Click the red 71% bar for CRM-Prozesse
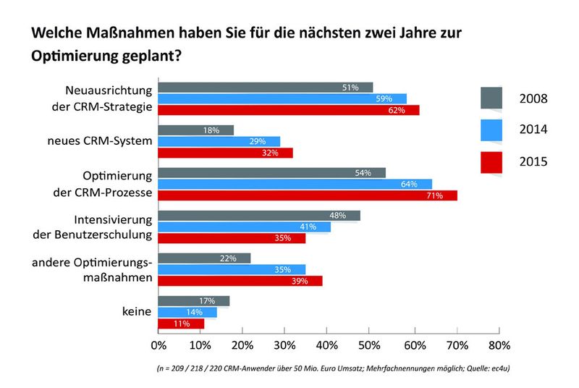click(x=308, y=195)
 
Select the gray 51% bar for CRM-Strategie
click(x=265, y=88)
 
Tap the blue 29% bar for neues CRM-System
click(x=219, y=141)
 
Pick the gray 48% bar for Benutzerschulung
click(x=258, y=216)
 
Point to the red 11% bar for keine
click(x=181, y=324)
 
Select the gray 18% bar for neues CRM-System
click(x=195, y=130)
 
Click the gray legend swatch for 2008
click(x=491, y=97)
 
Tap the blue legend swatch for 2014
click(x=491, y=129)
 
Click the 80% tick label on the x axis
click(x=499, y=345)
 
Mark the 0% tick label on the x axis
click(x=158, y=345)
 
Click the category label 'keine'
click(x=137, y=312)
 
